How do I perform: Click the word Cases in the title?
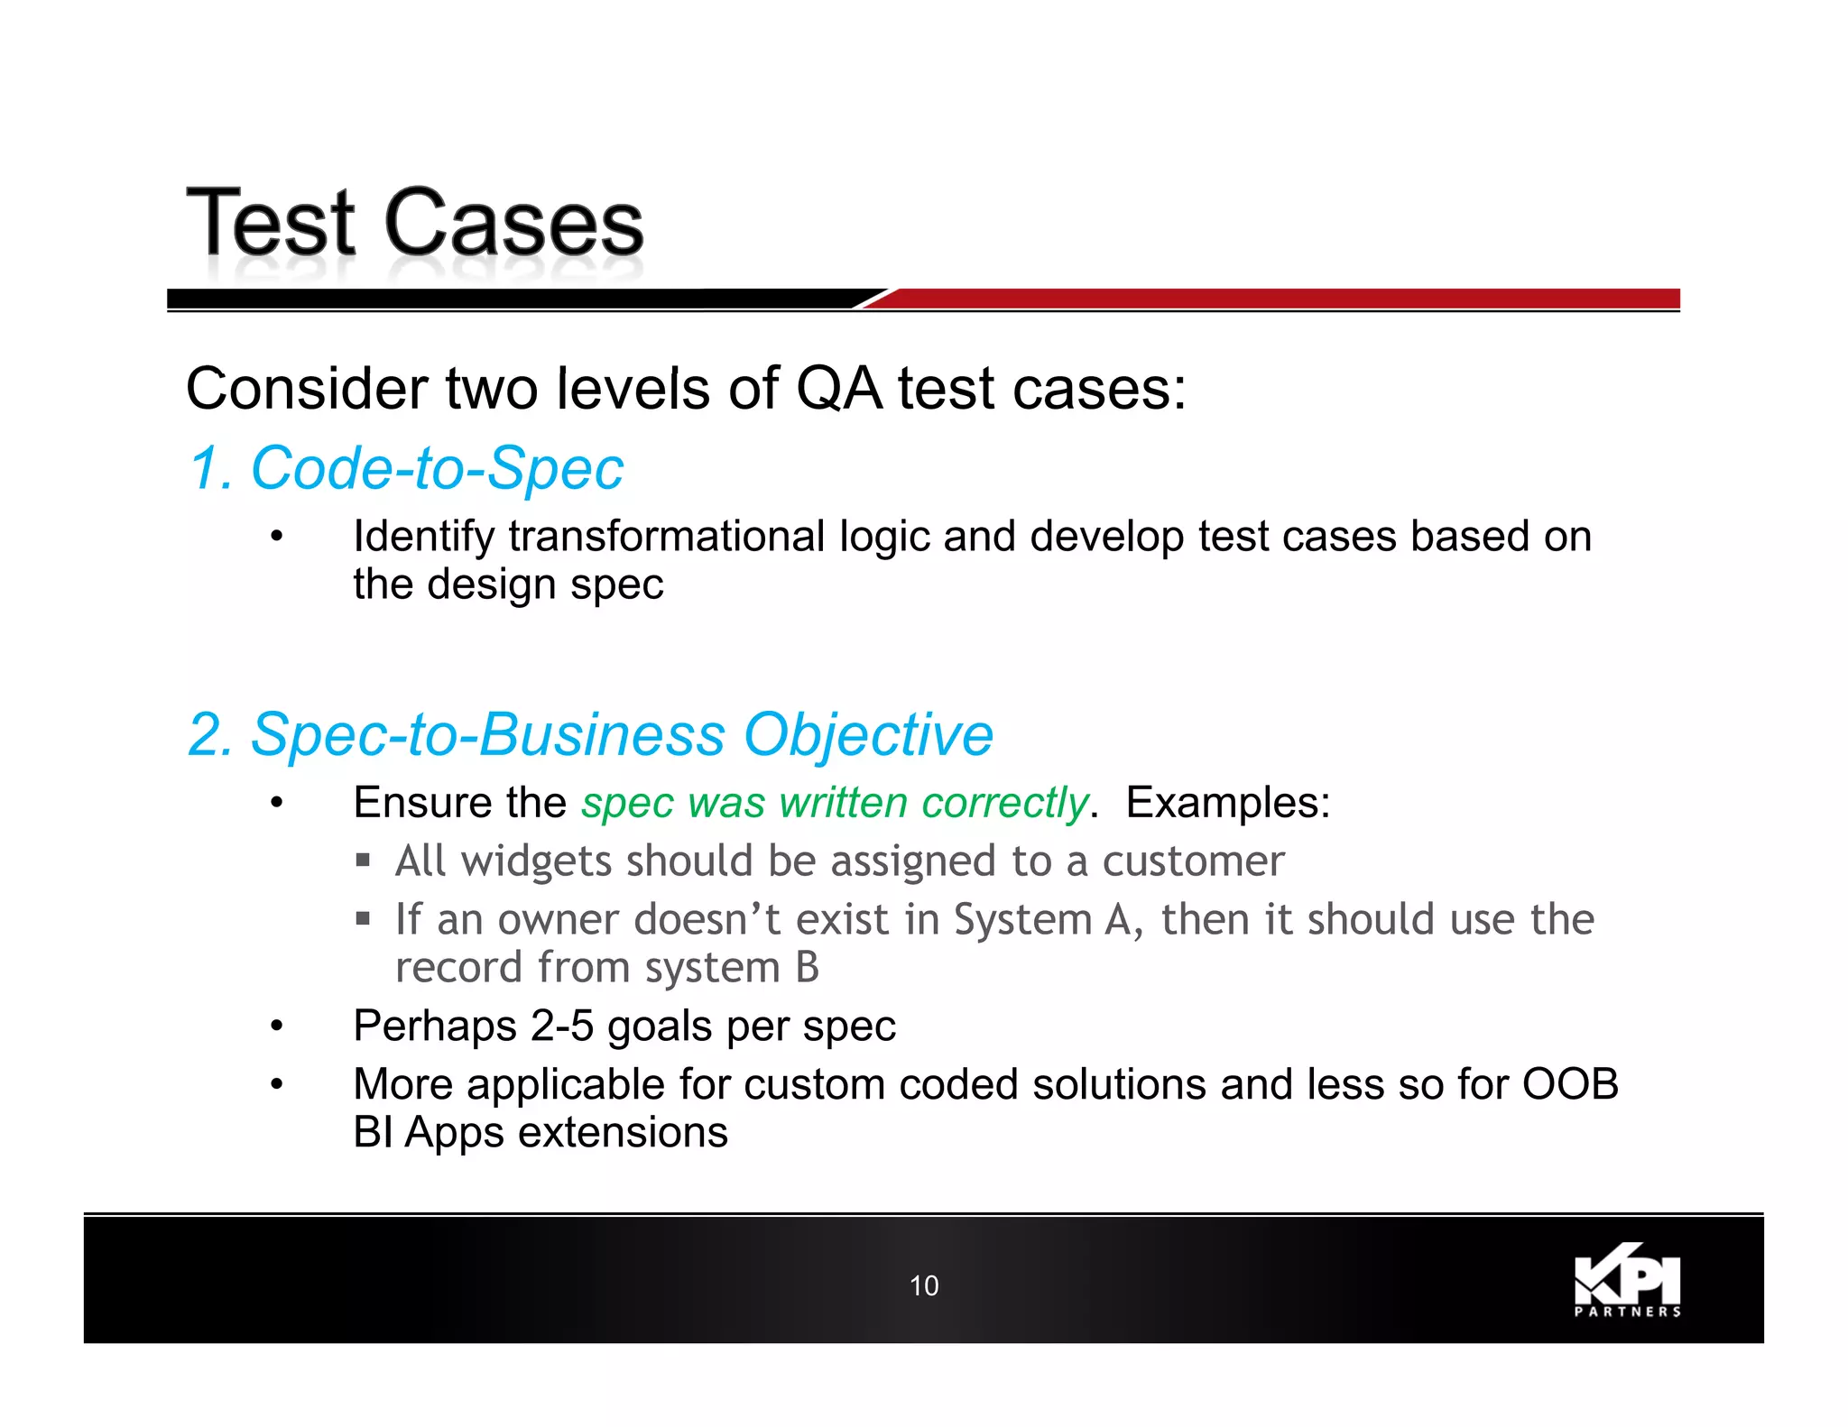513,224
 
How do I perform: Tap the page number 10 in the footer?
924,1285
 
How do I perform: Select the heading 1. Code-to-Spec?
406,469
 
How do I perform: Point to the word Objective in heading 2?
867,734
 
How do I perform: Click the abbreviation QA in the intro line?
838,390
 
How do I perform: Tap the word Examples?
1227,803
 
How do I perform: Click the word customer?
1193,861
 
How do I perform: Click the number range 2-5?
561,1027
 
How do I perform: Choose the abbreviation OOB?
1570,1084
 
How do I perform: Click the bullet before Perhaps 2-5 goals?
277,1027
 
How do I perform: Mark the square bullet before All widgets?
363,861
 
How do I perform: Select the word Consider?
307,390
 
